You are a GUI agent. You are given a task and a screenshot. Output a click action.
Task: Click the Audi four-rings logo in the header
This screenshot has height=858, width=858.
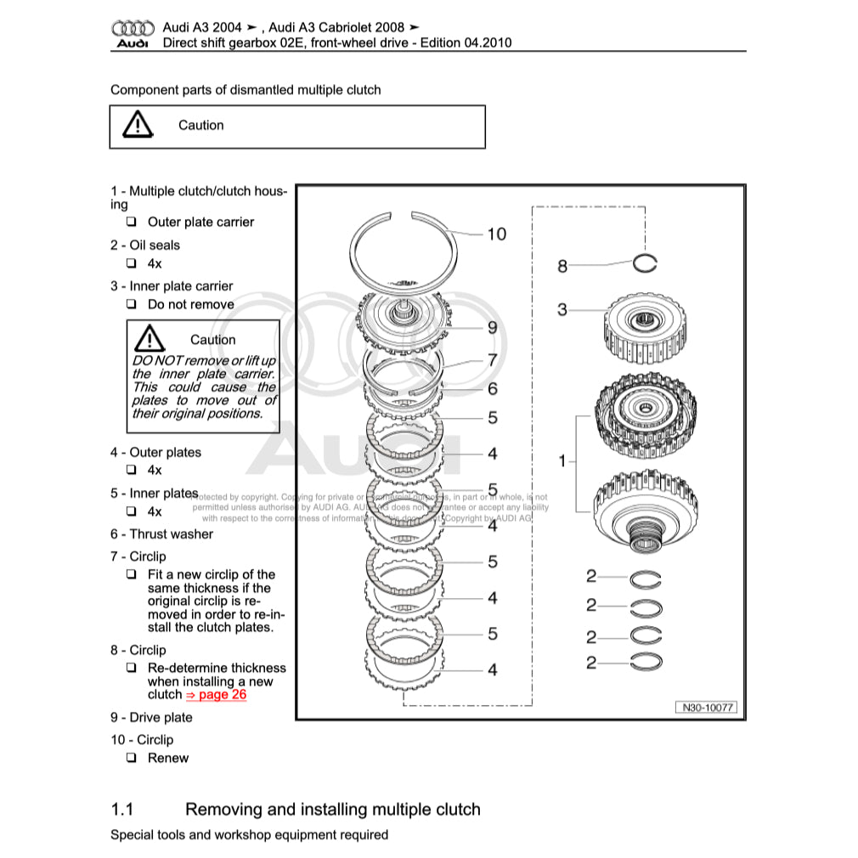click(133, 29)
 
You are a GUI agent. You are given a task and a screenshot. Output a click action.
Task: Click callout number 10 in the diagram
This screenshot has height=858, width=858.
click(496, 234)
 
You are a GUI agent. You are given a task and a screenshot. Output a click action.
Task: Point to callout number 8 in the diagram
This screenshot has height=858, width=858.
click(562, 267)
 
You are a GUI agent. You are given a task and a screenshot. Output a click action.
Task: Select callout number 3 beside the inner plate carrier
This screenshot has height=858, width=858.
click(562, 310)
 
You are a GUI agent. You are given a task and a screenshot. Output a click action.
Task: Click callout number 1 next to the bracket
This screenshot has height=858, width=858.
click(562, 461)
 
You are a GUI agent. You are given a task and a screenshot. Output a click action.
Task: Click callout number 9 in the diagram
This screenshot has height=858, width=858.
click(492, 328)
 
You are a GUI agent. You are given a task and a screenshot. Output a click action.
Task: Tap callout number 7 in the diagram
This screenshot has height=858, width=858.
click(492, 360)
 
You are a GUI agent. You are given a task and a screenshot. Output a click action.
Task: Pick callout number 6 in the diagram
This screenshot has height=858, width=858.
click(492, 389)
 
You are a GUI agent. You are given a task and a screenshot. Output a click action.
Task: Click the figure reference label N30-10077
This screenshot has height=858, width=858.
click(706, 708)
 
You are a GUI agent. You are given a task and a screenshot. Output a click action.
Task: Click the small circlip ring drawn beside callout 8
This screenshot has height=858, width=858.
click(645, 264)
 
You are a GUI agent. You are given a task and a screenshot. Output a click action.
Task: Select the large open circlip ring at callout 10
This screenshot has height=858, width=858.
click(406, 247)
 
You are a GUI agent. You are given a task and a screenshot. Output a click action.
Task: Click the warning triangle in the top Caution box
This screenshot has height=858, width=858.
click(137, 126)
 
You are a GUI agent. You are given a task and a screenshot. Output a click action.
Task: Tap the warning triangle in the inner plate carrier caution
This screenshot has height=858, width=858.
click(150, 338)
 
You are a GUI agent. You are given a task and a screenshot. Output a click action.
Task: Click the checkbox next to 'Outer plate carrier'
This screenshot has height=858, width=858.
click(132, 223)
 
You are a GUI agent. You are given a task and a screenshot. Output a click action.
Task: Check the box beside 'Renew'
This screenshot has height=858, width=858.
click(132, 758)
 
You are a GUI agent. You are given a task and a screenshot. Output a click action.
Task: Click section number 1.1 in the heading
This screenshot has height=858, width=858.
click(124, 810)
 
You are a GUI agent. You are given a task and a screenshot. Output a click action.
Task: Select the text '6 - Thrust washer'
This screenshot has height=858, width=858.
click(161, 534)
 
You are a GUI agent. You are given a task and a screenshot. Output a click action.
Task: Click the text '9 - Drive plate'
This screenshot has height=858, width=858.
click(151, 718)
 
